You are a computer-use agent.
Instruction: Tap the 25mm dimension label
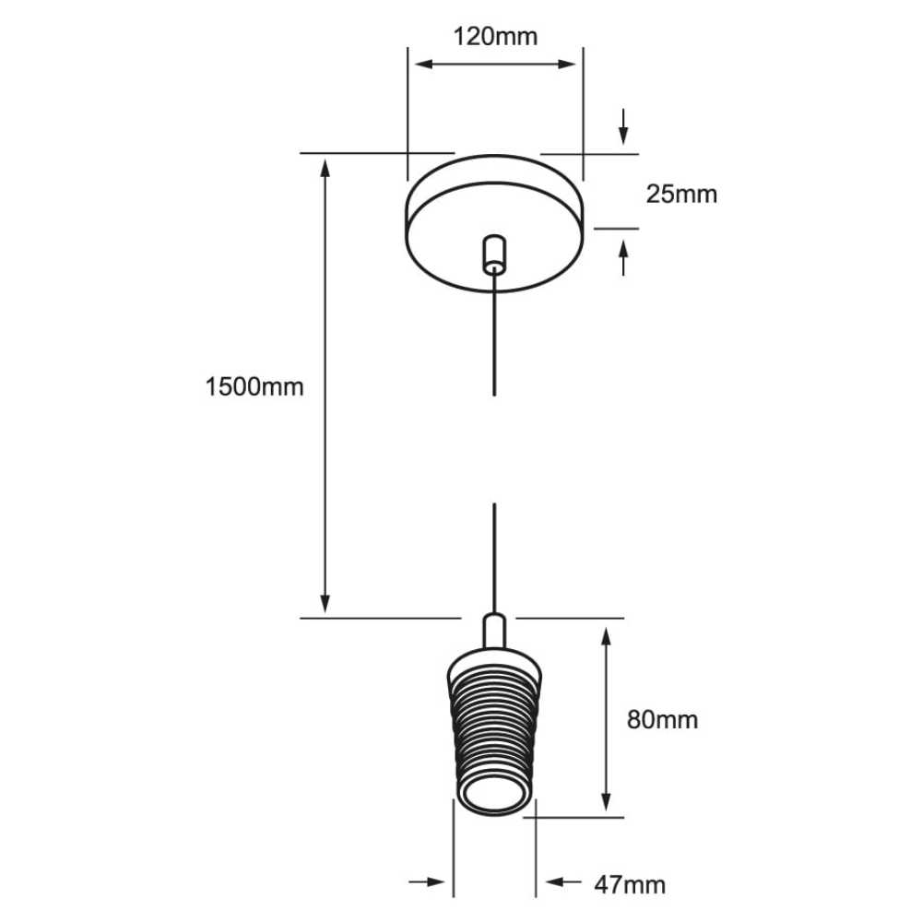[x=680, y=195]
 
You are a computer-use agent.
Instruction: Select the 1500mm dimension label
[x=254, y=386]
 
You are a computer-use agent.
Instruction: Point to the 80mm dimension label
[x=662, y=719]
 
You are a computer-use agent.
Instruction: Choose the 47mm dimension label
[x=630, y=885]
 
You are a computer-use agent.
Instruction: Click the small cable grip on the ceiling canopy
[x=495, y=254]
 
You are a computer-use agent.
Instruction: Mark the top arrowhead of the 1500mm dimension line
[x=325, y=167]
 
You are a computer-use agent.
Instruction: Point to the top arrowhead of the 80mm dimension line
[x=606, y=636]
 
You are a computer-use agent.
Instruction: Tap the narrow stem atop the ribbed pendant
[x=494, y=633]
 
